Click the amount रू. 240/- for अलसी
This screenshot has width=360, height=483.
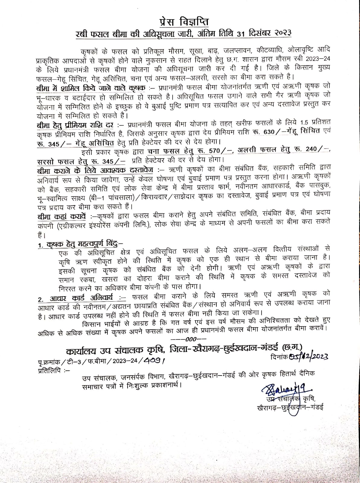click(314, 149)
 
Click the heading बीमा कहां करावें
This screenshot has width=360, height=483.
click(62, 217)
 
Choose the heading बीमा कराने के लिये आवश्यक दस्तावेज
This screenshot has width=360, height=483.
click(95, 170)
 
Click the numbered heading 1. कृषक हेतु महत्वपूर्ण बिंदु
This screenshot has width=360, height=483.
click(80, 244)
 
